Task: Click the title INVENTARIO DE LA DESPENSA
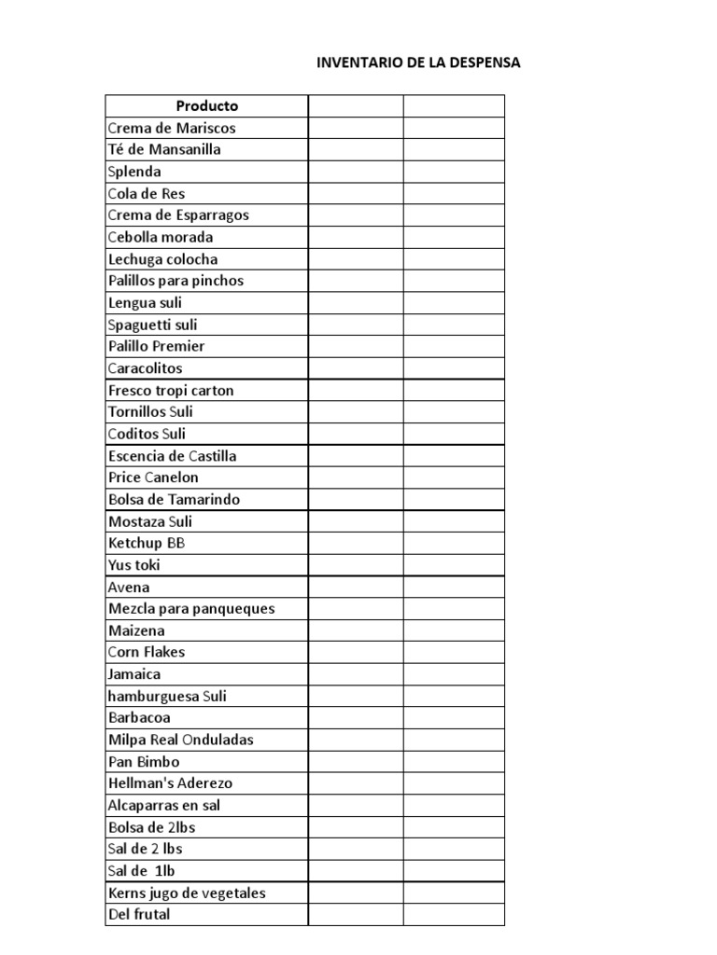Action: [x=418, y=63]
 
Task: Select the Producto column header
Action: [x=207, y=106]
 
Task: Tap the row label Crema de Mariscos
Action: [x=172, y=128]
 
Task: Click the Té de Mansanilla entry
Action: [x=164, y=149]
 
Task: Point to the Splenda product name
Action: [x=134, y=172]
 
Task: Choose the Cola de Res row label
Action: [x=147, y=193]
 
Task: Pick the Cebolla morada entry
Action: [x=161, y=237]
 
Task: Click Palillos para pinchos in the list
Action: [x=176, y=281]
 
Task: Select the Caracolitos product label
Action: [x=146, y=368]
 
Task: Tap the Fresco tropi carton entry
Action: [x=171, y=390]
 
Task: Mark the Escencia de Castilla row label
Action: [x=172, y=456]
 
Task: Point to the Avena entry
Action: [x=129, y=588]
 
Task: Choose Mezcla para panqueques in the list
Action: [x=191, y=609]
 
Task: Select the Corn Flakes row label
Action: [x=147, y=652]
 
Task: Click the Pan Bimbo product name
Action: [x=144, y=762]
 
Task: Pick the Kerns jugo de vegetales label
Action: [x=187, y=893]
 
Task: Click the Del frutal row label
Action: [x=139, y=915]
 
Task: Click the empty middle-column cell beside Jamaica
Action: [x=356, y=674]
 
